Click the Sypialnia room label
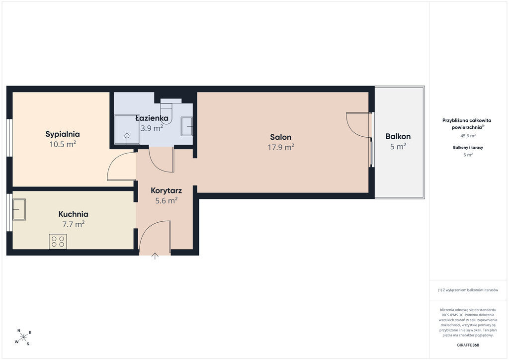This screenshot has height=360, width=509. tap(63, 134)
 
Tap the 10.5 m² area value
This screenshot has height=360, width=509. tap(63, 144)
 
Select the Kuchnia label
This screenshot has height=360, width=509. tap(74, 214)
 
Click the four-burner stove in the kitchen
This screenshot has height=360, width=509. tap(58, 242)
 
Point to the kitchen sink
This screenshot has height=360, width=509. tap(19, 209)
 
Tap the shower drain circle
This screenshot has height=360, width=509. tap(127, 135)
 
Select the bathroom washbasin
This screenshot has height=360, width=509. tap(187, 126)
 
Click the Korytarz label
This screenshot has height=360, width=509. tap(166, 190)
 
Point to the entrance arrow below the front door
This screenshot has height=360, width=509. tap(155, 256)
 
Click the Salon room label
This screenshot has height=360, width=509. tap(281, 137)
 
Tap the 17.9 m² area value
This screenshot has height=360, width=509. tap(281, 147)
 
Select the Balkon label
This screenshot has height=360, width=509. tap(398, 136)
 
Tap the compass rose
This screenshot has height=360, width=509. tap(23, 338)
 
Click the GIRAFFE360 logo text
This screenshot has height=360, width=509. tap(468, 345)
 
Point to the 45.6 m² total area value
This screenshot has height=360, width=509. tap(468, 136)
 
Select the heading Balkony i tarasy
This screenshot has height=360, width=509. tap(468, 147)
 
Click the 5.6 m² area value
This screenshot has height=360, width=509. tap(166, 200)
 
